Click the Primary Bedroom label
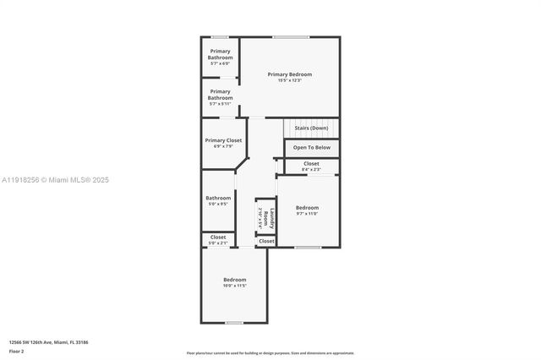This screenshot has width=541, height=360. (x=290, y=74)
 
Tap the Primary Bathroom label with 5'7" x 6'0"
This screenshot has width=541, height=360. (x=220, y=54)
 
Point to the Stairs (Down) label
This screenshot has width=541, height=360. (x=310, y=128)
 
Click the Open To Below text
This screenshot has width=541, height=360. (x=311, y=147)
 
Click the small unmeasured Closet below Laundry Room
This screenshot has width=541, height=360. (x=266, y=242)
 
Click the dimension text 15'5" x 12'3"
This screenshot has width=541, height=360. (x=290, y=80)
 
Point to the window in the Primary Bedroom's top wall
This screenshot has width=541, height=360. (x=290, y=36)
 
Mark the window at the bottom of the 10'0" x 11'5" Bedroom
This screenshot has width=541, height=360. (x=234, y=322)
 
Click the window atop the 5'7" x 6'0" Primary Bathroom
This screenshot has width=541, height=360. (x=220, y=36)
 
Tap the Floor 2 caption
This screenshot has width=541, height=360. (x=17, y=351)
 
